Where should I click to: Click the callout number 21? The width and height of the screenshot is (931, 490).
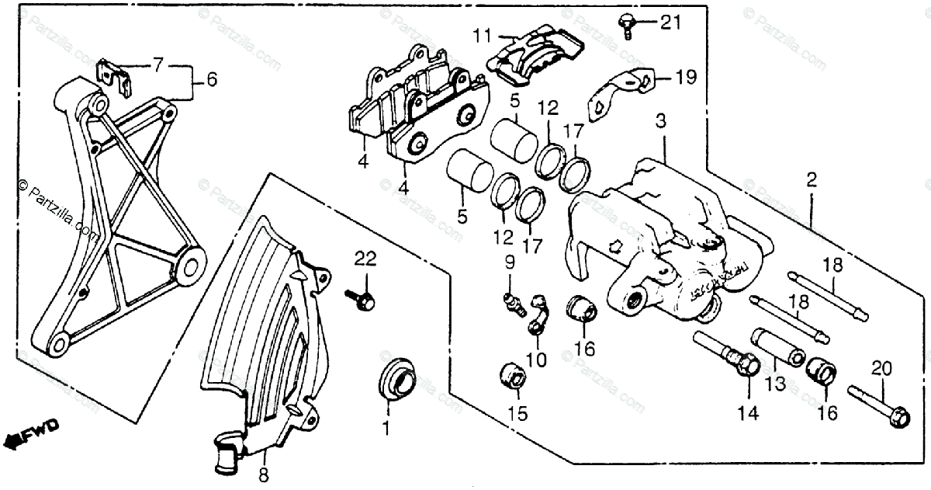tap(670, 23)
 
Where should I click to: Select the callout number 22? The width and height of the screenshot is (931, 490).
tap(365, 259)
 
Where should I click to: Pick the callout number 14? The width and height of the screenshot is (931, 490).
tap(747, 414)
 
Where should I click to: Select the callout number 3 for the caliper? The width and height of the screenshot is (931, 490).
tap(660, 121)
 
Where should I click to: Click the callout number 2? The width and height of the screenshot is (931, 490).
tap(812, 181)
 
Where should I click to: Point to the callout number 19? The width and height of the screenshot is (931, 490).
tap(686, 77)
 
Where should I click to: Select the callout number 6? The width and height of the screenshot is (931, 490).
tap(212, 79)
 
